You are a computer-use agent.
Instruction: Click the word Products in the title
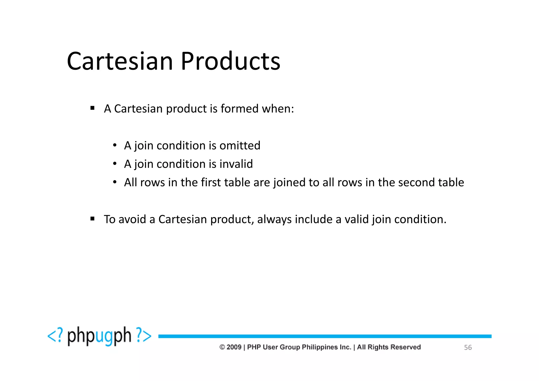point(230,61)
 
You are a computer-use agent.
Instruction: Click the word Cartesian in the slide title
point(120,61)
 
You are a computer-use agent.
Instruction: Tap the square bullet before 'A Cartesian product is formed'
point(92,108)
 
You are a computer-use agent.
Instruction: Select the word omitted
point(240,146)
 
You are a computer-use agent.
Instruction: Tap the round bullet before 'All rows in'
point(114,182)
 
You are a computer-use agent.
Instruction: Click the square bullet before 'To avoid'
point(92,219)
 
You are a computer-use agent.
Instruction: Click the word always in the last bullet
point(274,219)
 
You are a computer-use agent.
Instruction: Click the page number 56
point(468,347)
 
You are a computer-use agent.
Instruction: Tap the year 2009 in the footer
point(234,347)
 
